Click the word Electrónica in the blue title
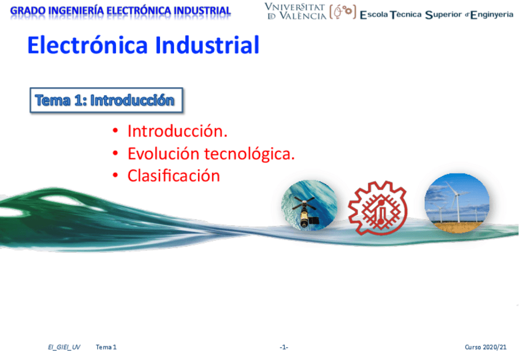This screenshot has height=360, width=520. coord(88,45)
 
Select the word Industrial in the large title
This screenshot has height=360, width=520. coord(207,45)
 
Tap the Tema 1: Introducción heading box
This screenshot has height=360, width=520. coord(106,100)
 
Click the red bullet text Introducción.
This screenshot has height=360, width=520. coord(177,131)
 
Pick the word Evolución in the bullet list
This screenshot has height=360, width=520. coord(163,153)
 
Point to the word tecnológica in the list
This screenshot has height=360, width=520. coord(250,154)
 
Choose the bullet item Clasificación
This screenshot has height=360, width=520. coord(174,175)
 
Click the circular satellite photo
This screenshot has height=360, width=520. coord(309,205)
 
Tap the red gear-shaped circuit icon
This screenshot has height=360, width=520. coord(378,209)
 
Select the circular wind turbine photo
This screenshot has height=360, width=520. coord(457,203)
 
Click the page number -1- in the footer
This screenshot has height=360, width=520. coord(283,347)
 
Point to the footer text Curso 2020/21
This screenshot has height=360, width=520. coord(486,347)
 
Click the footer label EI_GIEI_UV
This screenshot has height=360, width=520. coord(64,347)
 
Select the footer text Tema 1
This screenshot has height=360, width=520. coord(106,347)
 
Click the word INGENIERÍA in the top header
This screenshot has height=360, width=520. coord(76,10)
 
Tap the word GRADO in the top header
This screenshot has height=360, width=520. coord(28,11)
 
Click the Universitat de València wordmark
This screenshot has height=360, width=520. coord(296,12)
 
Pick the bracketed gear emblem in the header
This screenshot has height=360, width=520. coord(343,12)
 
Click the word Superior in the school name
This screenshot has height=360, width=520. coord(443,15)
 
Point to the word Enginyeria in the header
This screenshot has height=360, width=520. coord(492,15)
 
